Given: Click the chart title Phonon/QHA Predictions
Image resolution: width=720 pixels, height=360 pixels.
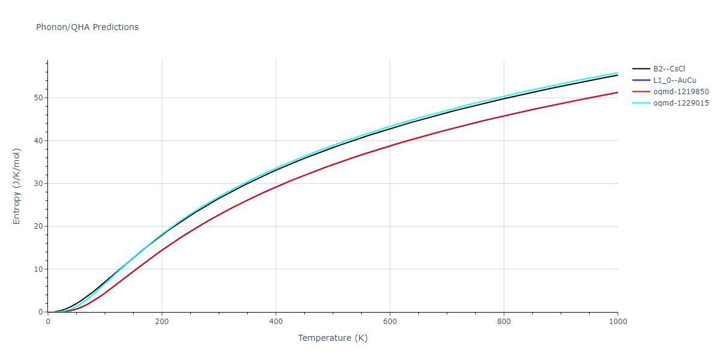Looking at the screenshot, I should point(87,27).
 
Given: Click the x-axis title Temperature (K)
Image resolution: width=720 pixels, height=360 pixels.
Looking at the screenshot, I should point(332,338).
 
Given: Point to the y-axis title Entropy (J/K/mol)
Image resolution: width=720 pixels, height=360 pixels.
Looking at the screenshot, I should point(17,186).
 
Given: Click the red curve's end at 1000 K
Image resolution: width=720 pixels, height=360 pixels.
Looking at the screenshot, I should point(617,92).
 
